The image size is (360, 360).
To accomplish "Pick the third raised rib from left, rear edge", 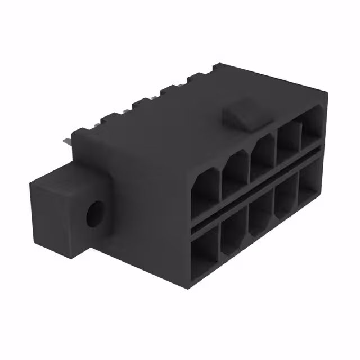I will click(140, 105).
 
